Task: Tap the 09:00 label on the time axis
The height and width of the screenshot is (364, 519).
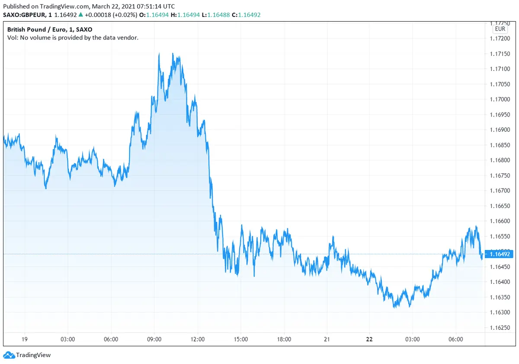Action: pyautogui.click(x=154, y=339)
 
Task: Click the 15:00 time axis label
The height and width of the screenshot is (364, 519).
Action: pyautogui.click(x=241, y=339)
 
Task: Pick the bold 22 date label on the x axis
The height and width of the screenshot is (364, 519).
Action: pyautogui.click(x=369, y=339)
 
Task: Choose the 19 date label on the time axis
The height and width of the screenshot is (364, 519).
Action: pyautogui.click(x=25, y=339)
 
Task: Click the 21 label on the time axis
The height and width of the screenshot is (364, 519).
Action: pyautogui.click(x=327, y=339)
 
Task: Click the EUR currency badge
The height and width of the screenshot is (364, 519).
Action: pyautogui.click(x=500, y=29)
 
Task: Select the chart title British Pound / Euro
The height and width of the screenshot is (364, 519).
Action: pyautogui.click(x=36, y=29)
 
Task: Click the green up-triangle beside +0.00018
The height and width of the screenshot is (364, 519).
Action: pyautogui.click(x=81, y=14)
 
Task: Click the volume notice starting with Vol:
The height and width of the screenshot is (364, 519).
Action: pyautogui.click(x=73, y=38)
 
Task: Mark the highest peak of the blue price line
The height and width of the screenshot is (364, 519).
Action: pyautogui.click(x=159, y=53)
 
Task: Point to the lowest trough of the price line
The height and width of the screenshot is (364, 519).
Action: pyautogui.click(x=394, y=307)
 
